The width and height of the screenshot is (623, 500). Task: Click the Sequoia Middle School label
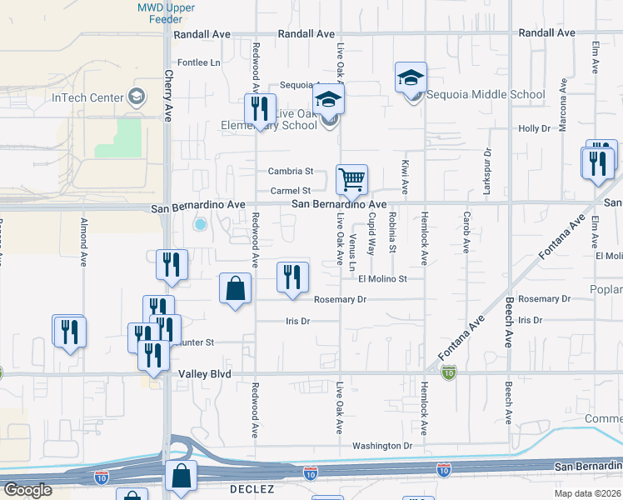click(x=486, y=95)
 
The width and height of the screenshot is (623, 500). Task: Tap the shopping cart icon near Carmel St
click(x=351, y=178)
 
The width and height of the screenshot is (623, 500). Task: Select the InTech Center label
click(x=87, y=97)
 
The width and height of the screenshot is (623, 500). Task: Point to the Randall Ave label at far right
click(x=546, y=33)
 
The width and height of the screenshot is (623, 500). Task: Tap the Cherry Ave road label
click(x=167, y=96)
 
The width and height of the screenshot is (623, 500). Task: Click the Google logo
click(x=27, y=491)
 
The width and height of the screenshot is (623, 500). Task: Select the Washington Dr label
click(x=382, y=446)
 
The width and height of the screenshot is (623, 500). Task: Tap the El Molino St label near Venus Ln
click(x=382, y=279)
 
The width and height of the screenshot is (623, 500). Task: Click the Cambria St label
click(x=290, y=172)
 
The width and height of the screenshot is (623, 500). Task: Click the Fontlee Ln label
click(x=199, y=62)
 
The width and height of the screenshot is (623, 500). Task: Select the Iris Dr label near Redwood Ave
click(x=297, y=320)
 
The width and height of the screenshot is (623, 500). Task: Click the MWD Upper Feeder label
click(x=166, y=13)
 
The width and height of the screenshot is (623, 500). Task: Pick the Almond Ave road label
click(x=83, y=242)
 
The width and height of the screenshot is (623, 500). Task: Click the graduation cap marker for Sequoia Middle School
click(x=411, y=78)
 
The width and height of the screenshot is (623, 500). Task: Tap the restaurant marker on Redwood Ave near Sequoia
click(x=260, y=109)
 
